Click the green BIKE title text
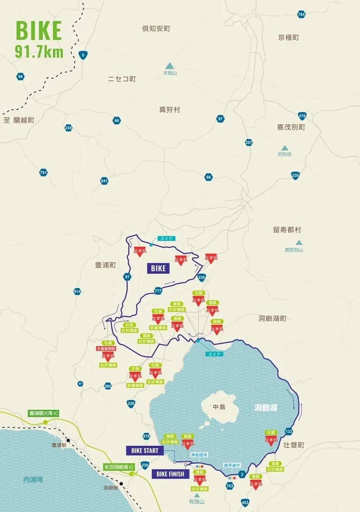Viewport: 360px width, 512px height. pos(39,31)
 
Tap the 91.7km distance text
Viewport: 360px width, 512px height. pos(39,52)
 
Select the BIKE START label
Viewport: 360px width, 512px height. pos(144,451)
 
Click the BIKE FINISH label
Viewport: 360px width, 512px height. pos(171,474)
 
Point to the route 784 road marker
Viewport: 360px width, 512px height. pos(301,14)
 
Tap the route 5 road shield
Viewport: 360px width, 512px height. pos(84,55)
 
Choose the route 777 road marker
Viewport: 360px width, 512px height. pos(158,291)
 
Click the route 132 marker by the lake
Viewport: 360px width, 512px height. pos(288,431)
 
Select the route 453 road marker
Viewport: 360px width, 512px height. pos(245,502)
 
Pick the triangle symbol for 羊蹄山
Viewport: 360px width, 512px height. pos(169,66)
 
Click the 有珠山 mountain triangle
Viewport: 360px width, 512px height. pos(196,495)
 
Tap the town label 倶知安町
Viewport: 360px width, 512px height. pos(156,29)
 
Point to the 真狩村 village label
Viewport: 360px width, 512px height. pos(169,110)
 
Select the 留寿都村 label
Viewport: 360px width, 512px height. pos(287,230)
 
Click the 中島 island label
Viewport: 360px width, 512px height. pos(219,407)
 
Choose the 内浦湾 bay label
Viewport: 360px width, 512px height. pos(33,479)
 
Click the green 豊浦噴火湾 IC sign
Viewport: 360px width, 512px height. pos(44,413)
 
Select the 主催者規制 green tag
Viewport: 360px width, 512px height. pos(108,348)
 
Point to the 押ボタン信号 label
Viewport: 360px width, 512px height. pos(199,454)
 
